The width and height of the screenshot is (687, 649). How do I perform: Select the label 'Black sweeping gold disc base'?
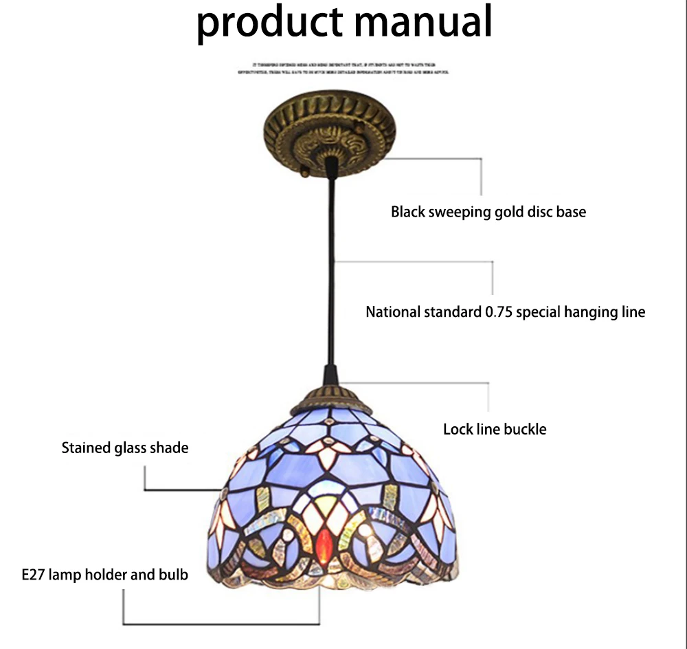[488, 212]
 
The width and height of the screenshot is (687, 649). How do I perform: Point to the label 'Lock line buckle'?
[495, 430]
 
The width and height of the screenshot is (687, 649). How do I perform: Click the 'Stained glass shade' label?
[125, 448]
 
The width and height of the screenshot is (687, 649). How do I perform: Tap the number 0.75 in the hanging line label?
[498, 312]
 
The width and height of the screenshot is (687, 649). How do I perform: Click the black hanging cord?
[334, 275]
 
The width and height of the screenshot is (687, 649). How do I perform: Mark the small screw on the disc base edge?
[303, 168]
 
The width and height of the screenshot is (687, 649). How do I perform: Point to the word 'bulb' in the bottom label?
[174, 573]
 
